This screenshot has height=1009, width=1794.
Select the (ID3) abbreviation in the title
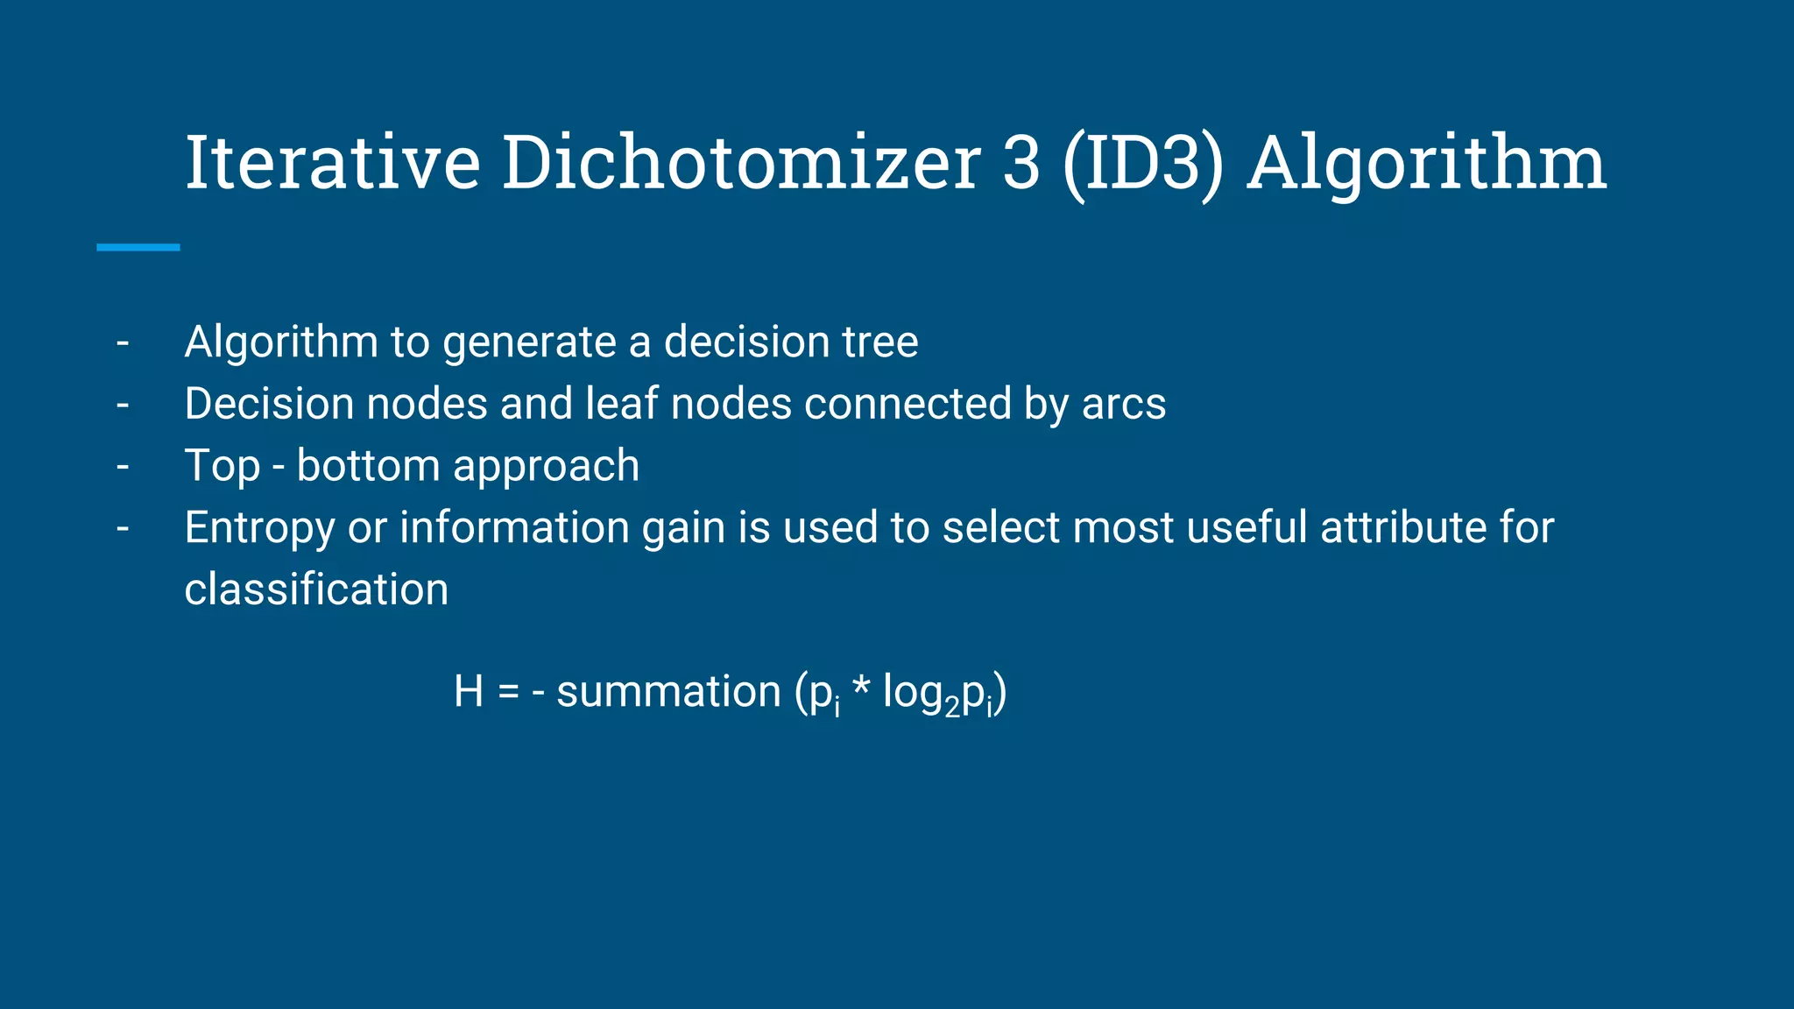pyautogui.click(x=1142, y=165)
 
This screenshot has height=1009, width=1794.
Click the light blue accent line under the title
pyautogui.click(x=138, y=248)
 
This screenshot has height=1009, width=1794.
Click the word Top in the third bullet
pyautogui.click(x=222, y=467)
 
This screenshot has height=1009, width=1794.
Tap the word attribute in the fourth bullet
pyautogui.click(x=1399, y=527)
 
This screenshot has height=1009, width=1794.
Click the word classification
pyautogui.click(x=316, y=589)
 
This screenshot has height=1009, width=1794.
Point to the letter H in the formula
pyautogui.click(x=469, y=692)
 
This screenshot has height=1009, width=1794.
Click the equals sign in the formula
pyautogui.click(x=509, y=693)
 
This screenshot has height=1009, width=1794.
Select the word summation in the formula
pyautogui.click(x=668, y=692)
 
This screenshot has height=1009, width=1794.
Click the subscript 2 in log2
pyautogui.click(x=952, y=708)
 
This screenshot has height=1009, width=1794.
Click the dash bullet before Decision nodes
pyautogui.click(x=123, y=406)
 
